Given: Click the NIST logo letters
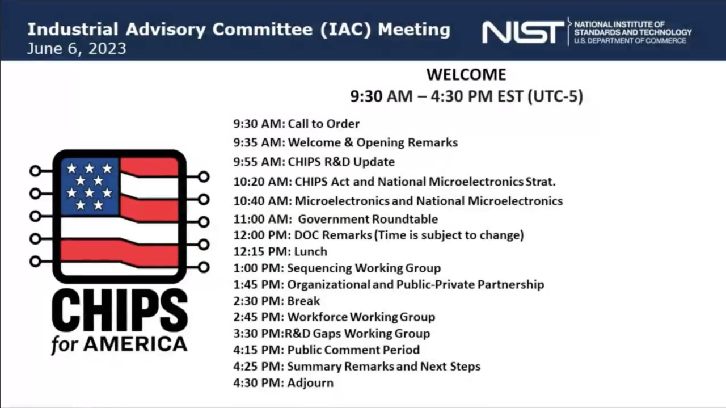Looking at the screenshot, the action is pos(523,32).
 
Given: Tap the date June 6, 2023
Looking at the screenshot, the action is pos(77,49).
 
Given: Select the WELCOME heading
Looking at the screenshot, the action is pos(466,74).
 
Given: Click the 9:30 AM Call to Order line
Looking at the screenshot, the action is pos(296,124).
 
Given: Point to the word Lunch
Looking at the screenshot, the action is pos(310,252).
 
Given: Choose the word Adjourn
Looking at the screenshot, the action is pos(310,383).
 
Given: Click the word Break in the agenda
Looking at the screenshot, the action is pos(303,301).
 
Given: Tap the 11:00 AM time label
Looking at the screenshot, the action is pos(263,219).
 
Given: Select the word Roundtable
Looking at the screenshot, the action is pos(405,219).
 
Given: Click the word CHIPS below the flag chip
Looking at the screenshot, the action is pos(120,310).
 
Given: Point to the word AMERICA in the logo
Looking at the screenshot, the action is pos(135,344).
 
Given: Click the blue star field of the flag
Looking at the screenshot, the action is pos(90,187).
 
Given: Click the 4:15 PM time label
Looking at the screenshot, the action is pos(258,350).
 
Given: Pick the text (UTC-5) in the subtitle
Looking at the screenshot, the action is pos(555,96).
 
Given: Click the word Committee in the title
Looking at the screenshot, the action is pos(263,30).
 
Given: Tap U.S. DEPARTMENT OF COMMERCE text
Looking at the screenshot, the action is pos(630,41).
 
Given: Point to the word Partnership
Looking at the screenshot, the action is pos(511,285).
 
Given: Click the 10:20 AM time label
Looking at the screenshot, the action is pos(263,182).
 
